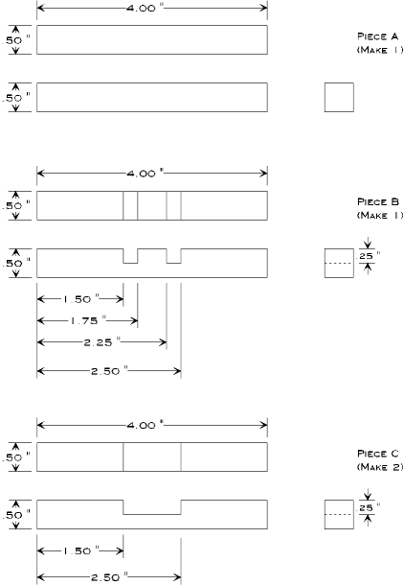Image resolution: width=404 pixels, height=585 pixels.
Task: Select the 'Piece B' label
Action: [377, 202]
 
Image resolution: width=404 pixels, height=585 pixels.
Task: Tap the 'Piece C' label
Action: [377, 454]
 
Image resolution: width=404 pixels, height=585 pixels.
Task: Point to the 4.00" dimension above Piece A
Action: [150, 8]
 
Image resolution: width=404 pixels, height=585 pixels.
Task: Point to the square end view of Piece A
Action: [339, 97]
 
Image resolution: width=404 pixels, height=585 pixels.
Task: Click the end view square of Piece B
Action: [339, 263]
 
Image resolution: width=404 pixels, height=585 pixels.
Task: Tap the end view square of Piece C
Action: [339, 514]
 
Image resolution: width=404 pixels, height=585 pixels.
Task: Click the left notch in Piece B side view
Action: [130, 255]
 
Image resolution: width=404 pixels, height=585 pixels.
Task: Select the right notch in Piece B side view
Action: [173, 255]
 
